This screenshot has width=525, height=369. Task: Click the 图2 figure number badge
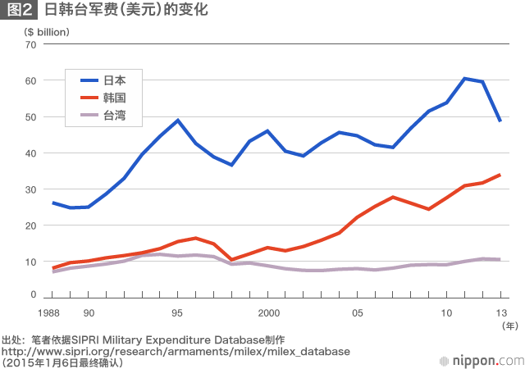[19, 11]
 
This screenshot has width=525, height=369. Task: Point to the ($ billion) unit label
[48, 31]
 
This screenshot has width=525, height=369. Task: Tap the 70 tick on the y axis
[31, 44]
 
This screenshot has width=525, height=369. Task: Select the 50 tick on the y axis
[31, 116]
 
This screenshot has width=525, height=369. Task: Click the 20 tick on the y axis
[31, 225]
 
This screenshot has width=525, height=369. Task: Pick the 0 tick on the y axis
[34, 294]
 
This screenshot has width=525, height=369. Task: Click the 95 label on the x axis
[177, 312]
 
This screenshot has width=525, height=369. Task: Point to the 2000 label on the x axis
[267, 312]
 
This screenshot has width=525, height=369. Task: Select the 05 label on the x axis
[358, 312]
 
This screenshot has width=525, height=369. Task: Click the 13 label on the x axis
[500, 312]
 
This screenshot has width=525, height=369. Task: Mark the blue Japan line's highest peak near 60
[464, 79]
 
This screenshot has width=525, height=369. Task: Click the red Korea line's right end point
[500, 175]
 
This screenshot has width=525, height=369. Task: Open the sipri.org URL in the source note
[176, 351]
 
